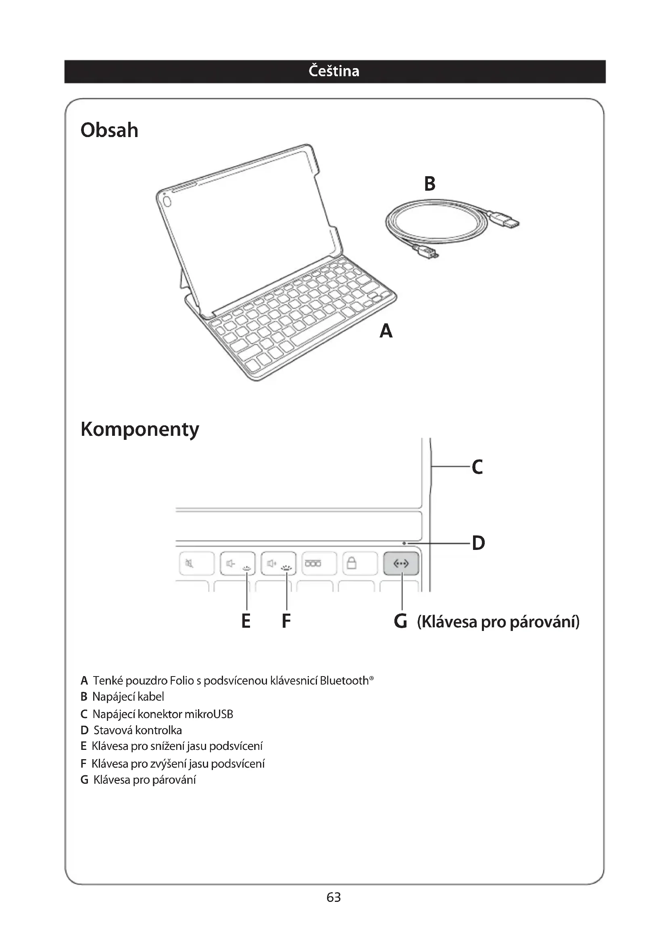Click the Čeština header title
[333, 71]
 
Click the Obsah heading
[109, 130]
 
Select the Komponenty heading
[140, 429]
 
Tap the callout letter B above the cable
[429, 183]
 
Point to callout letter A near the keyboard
[386, 331]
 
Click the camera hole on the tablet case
[167, 202]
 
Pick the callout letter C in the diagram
[477, 467]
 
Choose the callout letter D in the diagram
[479, 543]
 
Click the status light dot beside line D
[404, 543]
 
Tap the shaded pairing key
[401, 564]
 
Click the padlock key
[352, 563]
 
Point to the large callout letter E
[246, 621]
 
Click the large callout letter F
[286, 621]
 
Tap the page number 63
[333, 897]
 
